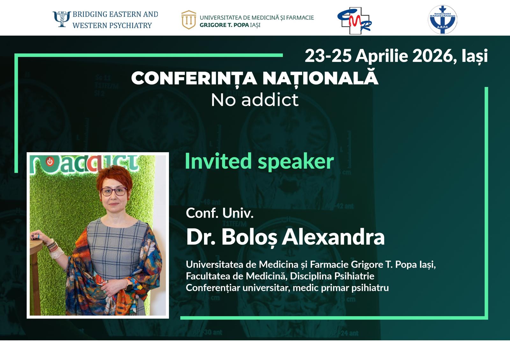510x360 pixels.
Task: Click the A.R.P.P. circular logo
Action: [442, 19]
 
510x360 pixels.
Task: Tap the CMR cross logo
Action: [354, 21]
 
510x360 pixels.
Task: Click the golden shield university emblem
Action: [189, 20]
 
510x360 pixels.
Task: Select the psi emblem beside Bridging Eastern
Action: [62, 19]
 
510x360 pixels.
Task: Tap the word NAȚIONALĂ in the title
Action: [320, 78]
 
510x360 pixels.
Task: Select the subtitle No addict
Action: [255, 100]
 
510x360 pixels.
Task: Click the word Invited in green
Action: [218, 161]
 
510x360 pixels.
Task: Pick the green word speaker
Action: [296, 162]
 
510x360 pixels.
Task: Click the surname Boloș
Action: [249, 237]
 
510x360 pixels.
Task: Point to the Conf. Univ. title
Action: [220, 213]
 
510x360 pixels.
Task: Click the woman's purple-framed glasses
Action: [113, 191]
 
